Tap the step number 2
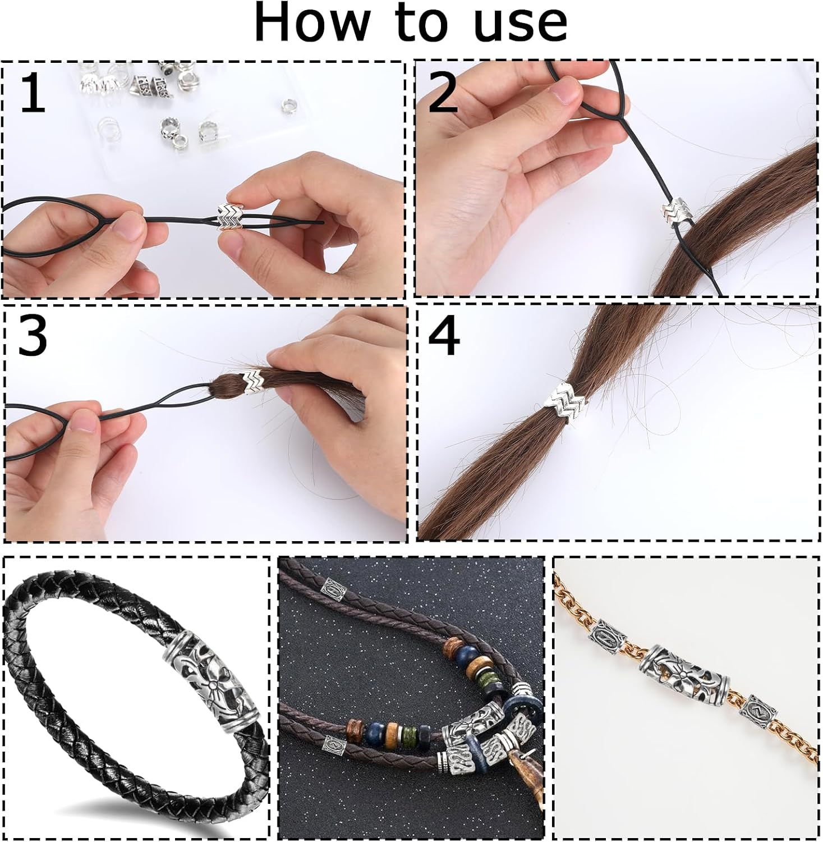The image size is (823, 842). click(x=443, y=93)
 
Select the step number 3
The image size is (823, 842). click(x=32, y=336)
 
